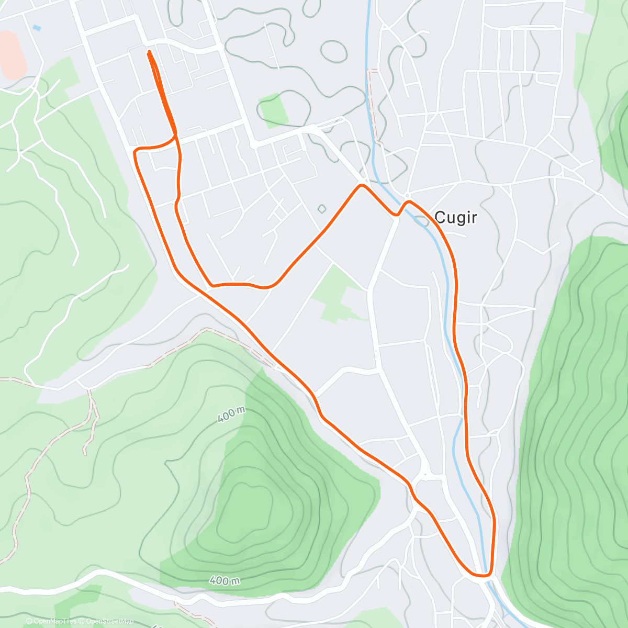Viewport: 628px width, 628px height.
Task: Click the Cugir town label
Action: pyautogui.click(x=456, y=217)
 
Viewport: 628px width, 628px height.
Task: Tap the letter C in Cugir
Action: pyautogui.click(x=440, y=217)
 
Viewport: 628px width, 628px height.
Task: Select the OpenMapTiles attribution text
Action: pyautogui.click(x=54, y=621)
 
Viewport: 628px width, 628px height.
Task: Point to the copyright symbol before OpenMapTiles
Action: pyautogui.click(x=29, y=621)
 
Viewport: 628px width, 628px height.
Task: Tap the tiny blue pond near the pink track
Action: pyautogui.click(x=36, y=27)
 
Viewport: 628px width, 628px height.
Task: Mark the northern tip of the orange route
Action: pyautogui.click(x=149, y=52)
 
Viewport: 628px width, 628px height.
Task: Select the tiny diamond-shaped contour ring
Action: pyautogui.click(x=321, y=209)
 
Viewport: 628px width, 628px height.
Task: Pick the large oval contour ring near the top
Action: pyautogui.click(x=333, y=51)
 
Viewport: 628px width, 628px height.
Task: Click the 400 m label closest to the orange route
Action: pyautogui.click(x=231, y=415)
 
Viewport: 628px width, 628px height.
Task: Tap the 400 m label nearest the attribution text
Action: pyautogui.click(x=225, y=580)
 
